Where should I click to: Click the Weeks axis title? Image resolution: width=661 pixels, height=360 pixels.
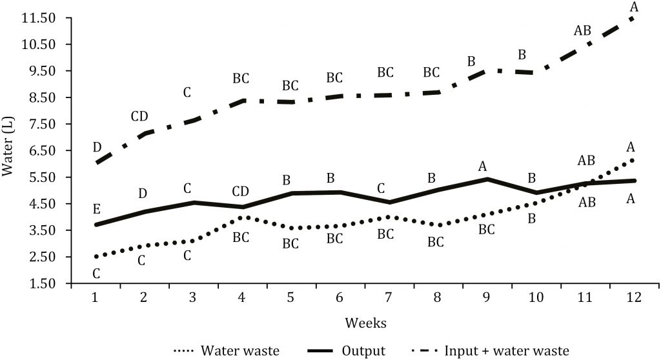tap(365, 321)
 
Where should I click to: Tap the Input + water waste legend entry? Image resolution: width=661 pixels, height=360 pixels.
tap(491, 351)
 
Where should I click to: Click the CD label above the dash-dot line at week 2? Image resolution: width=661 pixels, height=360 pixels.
tap(139, 116)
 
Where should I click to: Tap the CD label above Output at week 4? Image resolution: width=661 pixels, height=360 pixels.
tap(241, 190)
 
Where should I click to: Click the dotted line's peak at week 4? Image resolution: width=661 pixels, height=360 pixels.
tap(241, 217)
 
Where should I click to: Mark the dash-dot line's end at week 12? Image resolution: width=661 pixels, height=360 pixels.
tap(632, 18)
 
